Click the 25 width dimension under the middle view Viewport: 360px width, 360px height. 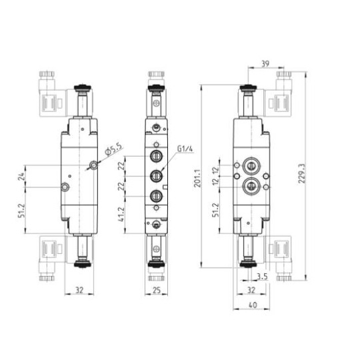[155, 291]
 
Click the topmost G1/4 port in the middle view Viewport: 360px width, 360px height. [155, 157]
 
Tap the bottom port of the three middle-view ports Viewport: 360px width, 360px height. [155, 196]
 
